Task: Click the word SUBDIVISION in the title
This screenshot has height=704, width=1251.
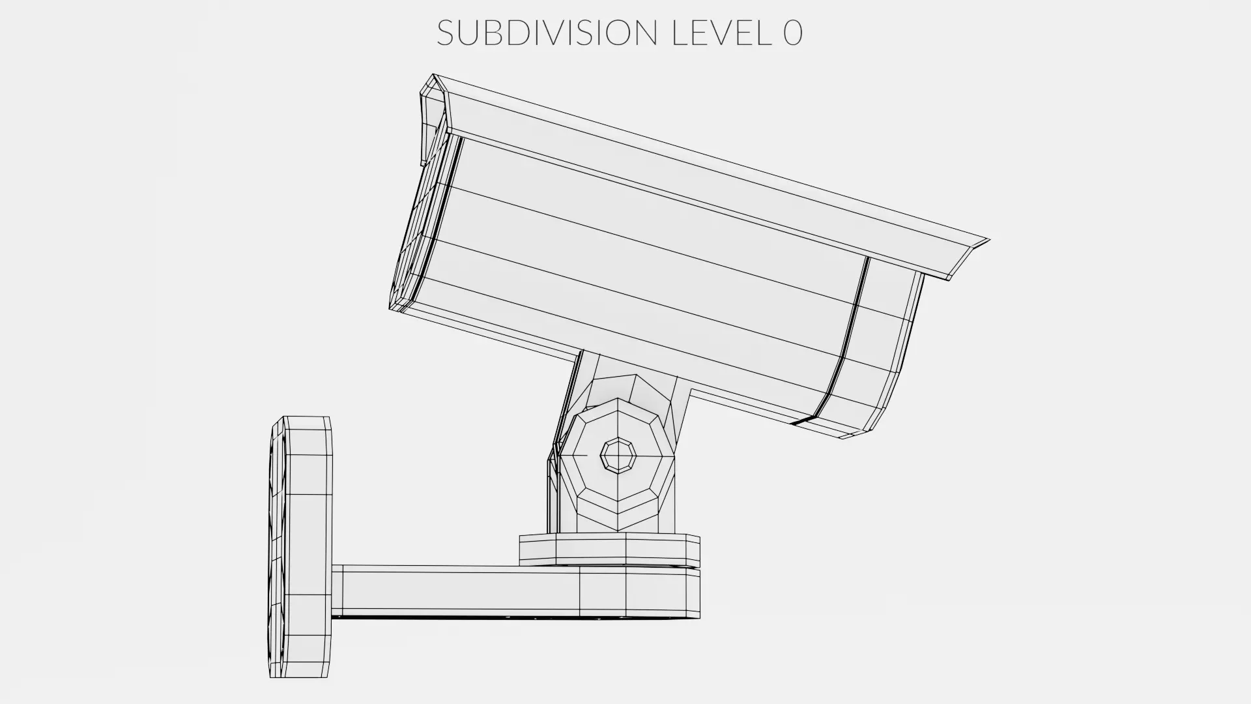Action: [x=547, y=33]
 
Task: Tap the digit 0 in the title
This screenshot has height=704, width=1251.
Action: [x=792, y=33]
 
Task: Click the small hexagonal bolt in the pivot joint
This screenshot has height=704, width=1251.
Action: [x=618, y=454]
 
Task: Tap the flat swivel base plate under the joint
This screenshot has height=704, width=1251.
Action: [x=609, y=549]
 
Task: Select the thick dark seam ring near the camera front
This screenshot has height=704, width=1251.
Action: [x=844, y=339]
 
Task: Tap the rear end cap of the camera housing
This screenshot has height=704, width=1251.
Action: [x=417, y=222]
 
